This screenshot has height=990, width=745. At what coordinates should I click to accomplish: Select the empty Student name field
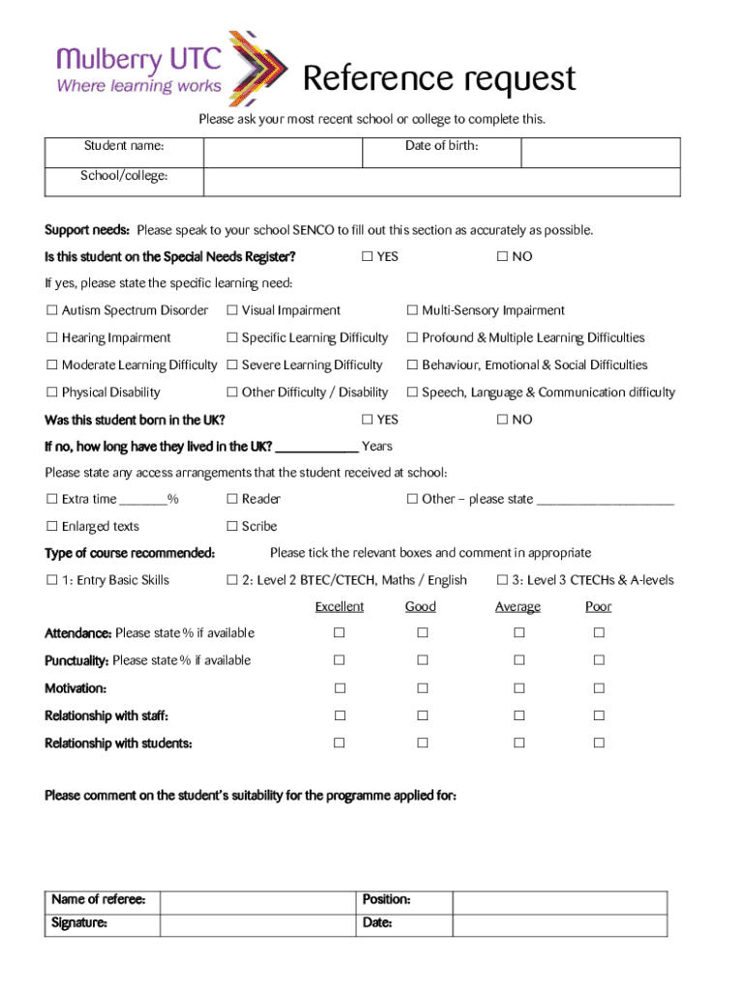pos(282,153)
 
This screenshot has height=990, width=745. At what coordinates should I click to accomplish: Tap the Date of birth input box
pos(600,153)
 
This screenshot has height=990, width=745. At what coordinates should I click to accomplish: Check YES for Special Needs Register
pos(368,257)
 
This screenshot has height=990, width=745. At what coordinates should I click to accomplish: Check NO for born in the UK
pos(502,420)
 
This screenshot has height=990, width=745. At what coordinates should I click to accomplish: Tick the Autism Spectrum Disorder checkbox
pos(51,311)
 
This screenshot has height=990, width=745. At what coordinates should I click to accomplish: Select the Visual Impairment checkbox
pos(232,311)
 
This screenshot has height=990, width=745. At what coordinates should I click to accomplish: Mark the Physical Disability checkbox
pos(51,393)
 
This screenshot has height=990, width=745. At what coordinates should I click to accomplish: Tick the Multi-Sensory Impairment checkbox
pos(412,311)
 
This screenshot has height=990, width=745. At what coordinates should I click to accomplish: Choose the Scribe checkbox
pos(232,527)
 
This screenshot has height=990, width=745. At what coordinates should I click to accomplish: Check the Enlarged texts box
pos(51,527)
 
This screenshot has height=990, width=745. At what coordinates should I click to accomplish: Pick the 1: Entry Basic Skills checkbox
pos(51,581)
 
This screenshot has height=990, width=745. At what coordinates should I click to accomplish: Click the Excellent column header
pos(340,607)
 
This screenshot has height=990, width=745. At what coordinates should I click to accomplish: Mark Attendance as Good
pos(422,633)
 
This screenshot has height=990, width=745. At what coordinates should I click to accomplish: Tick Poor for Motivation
pos(599,689)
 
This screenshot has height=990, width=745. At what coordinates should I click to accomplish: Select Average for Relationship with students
pos(519,743)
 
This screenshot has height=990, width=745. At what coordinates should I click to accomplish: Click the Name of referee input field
pos(257,902)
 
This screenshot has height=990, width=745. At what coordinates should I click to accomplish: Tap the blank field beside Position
pos(559,902)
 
